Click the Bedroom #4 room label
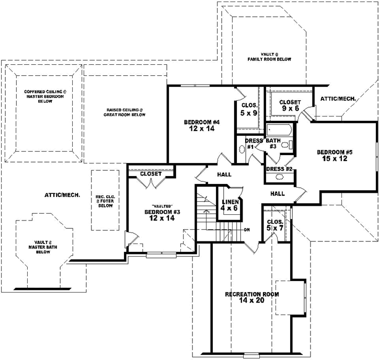(202, 122)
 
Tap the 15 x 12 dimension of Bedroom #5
(335, 158)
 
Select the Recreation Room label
(252, 294)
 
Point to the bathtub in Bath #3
(279, 130)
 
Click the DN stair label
(247, 230)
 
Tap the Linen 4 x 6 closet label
(230, 205)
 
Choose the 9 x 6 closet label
(290, 109)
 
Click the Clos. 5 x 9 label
(249, 109)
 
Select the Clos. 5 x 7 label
(275, 225)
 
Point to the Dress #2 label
(280, 169)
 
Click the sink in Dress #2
(280, 177)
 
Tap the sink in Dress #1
(242, 149)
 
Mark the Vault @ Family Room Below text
(269, 57)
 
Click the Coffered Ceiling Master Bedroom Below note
(45, 97)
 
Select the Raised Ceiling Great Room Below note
(124, 112)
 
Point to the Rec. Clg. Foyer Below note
(106, 201)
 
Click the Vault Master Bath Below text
(43, 247)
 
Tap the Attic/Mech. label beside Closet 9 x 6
(338, 99)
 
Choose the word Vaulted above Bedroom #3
(162, 206)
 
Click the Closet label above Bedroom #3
(151, 173)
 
